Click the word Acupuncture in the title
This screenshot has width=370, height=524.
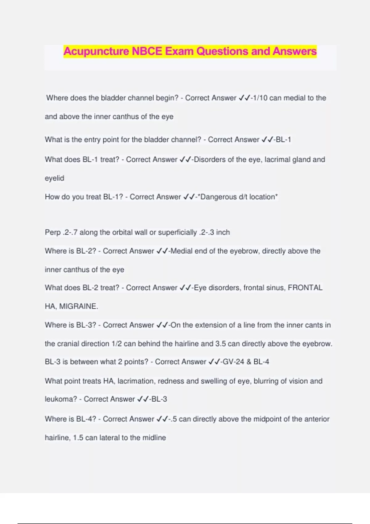pos(96,51)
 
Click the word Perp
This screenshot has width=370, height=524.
pos(52,232)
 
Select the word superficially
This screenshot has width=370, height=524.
pos(177,232)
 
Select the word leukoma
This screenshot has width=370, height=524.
pos(61,399)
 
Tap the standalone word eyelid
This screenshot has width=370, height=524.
pos(54,178)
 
